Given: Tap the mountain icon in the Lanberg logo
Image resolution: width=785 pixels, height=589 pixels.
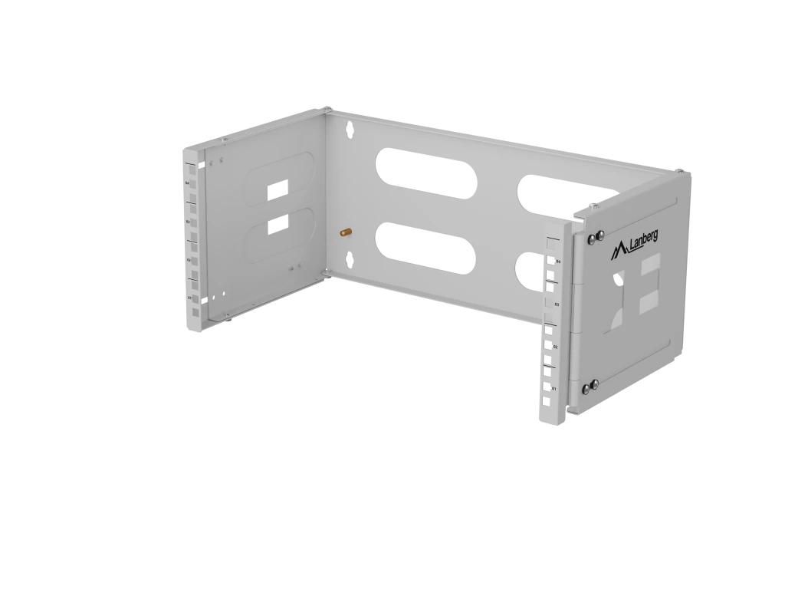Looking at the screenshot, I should coord(619,251).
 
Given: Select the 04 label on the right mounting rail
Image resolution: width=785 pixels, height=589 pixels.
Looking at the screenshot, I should coord(558,262).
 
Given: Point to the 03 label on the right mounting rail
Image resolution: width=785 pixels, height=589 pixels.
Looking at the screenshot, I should coord(557,304).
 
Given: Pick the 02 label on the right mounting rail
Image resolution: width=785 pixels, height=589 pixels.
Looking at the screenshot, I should coord(555,347).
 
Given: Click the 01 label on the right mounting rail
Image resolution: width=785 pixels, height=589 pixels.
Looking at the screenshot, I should coord(553,389).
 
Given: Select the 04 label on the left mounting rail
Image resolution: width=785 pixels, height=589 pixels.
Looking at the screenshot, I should coord(188,183).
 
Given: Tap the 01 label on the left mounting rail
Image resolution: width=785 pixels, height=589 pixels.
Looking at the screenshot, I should coord(189,296).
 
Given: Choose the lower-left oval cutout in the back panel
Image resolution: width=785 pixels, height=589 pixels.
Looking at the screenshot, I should coord(423,247).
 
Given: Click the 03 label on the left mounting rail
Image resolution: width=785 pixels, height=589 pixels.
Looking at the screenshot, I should coord(189,222).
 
